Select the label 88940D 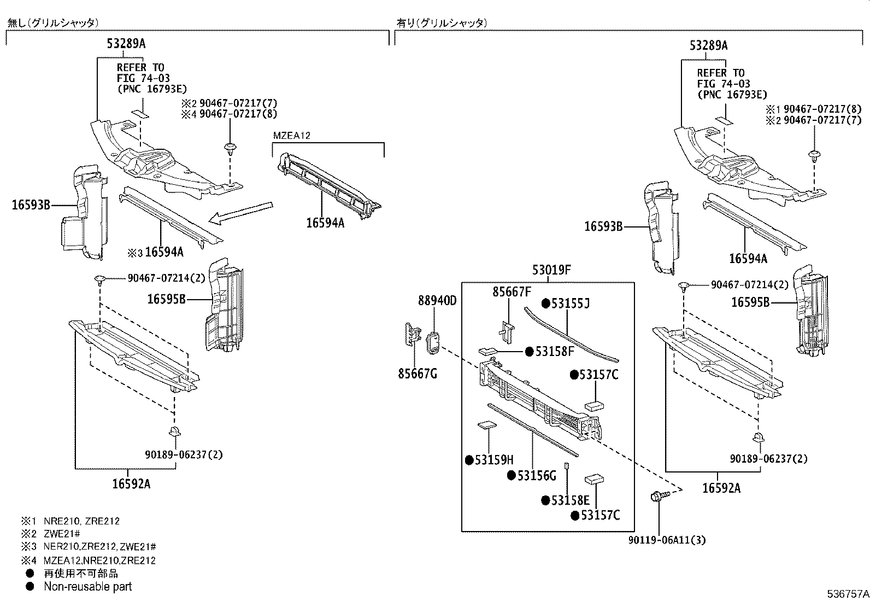point(437,300)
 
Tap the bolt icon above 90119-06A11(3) point(657,497)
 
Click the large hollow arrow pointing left point(241,213)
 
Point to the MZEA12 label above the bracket point(292,136)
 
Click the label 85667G point(418,374)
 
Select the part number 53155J point(570,304)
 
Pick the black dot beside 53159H point(469,460)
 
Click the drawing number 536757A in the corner point(847,593)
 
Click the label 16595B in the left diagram point(167,299)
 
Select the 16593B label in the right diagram point(603,226)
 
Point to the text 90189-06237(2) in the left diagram point(184,454)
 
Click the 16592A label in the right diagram point(721,488)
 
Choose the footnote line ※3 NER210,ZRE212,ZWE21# point(89,547)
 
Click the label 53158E point(570,500)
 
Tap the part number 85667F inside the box point(512,292)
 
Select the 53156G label point(536,476)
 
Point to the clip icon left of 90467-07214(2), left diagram point(99,280)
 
